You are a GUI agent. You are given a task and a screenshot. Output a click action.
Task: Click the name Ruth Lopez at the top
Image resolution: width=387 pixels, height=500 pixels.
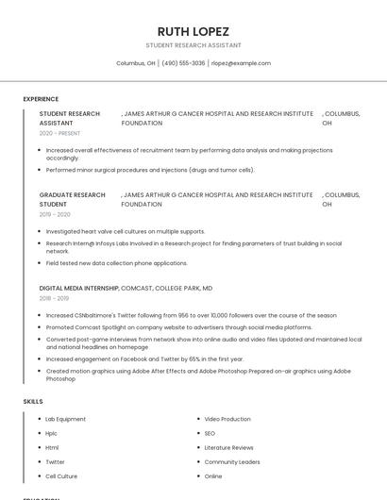click(193, 31)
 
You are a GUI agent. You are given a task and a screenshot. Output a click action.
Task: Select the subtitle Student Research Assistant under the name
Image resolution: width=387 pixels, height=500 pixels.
click(193, 45)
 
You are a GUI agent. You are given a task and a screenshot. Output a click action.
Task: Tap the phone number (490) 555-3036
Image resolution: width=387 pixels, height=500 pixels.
click(183, 63)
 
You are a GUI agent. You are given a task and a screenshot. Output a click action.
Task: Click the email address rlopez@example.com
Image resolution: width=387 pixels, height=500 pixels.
click(241, 63)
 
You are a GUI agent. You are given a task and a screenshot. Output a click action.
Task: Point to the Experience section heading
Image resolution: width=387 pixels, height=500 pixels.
click(41, 99)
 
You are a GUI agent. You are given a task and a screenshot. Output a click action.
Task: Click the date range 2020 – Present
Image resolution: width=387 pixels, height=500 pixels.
click(59, 134)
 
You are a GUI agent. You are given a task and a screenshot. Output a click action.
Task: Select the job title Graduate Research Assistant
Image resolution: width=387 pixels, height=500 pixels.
click(72, 199)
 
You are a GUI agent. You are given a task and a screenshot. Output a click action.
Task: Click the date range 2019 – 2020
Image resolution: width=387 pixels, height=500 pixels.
click(55, 215)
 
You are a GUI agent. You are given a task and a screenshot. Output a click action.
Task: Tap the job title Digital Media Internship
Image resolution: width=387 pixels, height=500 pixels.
click(79, 288)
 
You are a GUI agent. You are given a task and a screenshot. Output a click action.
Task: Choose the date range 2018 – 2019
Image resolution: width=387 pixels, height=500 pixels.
click(55, 299)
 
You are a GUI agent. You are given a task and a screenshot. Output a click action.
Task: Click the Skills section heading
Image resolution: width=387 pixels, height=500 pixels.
click(32, 402)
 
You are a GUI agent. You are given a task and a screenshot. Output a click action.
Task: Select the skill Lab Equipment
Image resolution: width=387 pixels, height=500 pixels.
click(65, 419)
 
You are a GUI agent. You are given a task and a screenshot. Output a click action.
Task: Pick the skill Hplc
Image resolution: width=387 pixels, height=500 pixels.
click(52, 433)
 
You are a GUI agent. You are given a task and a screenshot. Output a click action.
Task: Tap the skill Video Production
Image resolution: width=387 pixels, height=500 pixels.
click(227, 419)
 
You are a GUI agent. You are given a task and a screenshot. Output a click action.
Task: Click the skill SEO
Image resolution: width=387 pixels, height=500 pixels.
click(210, 433)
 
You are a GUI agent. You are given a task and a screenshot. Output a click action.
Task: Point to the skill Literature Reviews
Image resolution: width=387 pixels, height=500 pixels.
click(228, 447)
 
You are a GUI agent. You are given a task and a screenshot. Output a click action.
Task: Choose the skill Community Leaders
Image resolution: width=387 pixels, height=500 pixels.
click(232, 462)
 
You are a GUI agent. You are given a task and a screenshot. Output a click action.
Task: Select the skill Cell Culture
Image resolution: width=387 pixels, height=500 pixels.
click(61, 476)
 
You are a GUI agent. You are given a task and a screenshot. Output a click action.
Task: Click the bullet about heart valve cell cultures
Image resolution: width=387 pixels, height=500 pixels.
click(125, 231)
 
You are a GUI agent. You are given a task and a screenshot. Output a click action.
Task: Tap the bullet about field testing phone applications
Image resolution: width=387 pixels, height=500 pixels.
click(116, 263)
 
